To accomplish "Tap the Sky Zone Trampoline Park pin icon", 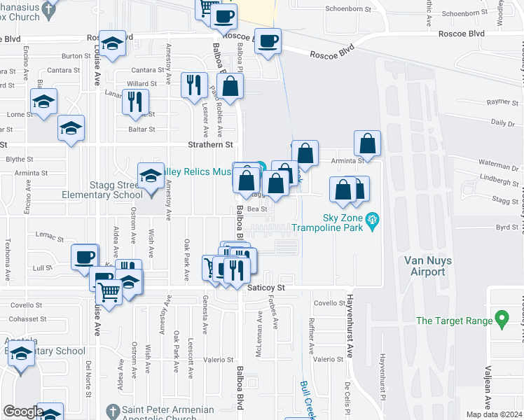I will click(373, 221).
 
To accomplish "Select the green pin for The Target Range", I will click(501, 320).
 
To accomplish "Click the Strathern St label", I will click(210, 145).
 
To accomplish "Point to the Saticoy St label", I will click(266, 287).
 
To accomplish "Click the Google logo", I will click(22, 412).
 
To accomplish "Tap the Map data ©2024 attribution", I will click(493, 414).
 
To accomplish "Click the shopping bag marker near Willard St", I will click(230, 87).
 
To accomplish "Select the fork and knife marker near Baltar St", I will click(135, 101).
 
